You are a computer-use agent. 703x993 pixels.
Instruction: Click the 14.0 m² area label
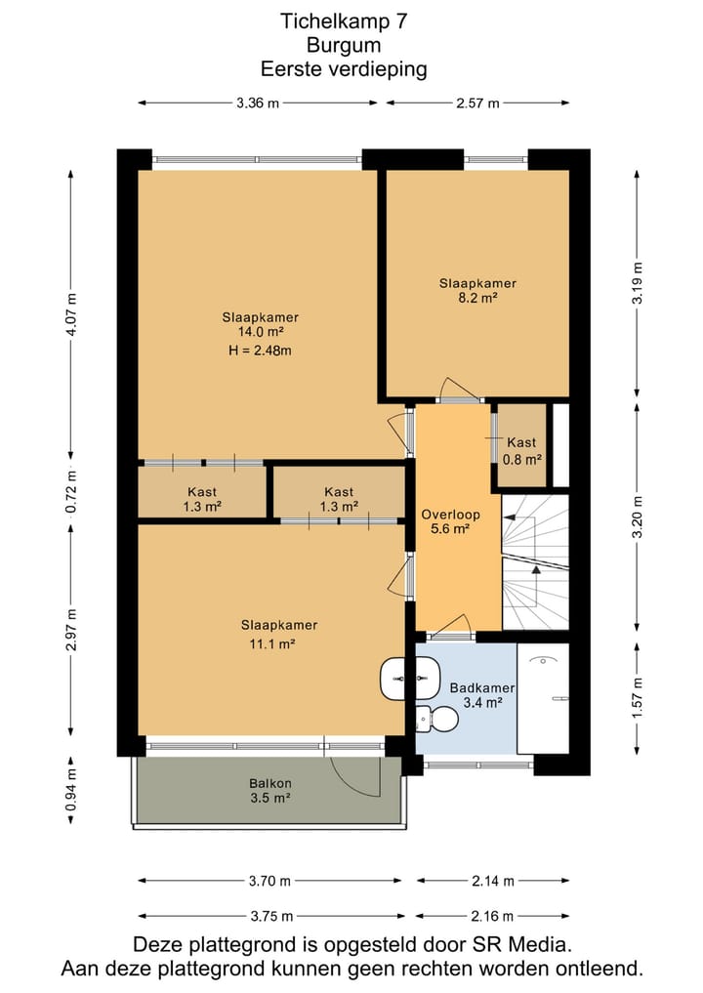(x=261, y=332)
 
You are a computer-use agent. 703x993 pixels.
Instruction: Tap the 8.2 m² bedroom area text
(x=477, y=298)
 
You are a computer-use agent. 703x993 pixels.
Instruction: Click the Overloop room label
(x=451, y=515)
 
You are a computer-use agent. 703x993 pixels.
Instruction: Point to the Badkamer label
(x=482, y=687)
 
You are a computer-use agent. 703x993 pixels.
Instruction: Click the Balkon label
(x=270, y=783)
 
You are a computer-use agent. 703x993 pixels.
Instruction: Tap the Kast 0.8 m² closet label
(x=521, y=451)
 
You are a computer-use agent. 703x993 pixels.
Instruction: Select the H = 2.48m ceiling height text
(x=261, y=351)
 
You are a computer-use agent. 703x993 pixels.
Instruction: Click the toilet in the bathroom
(x=437, y=719)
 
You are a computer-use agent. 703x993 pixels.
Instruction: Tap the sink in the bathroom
(x=410, y=679)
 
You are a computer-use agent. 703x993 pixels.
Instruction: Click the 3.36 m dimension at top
(x=258, y=103)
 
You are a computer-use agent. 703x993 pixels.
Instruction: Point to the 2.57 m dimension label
(x=477, y=103)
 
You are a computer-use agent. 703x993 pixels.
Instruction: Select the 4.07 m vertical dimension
(x=71, y=314)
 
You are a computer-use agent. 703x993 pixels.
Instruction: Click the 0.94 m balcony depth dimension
(x=71, y=789)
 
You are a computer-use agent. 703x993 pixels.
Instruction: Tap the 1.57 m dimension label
(x=638, y=698)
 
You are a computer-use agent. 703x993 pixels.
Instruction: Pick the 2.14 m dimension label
(x=493, y=881)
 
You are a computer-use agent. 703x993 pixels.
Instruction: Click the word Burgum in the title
(x=344, y=46)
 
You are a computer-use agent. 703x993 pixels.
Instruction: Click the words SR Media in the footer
(x=520, y=945)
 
